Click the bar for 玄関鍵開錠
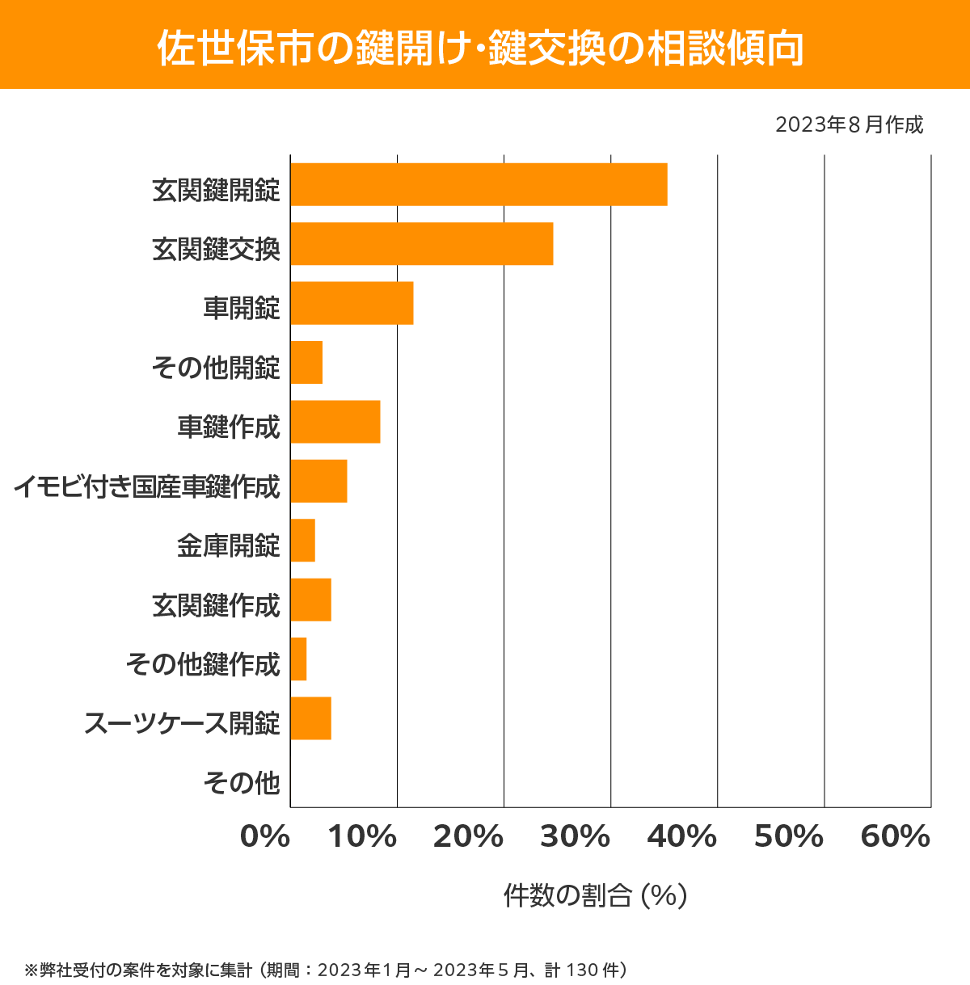(479, 184)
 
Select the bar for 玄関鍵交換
(421, 243)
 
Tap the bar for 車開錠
(352, 303)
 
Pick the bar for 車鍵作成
(335, 422)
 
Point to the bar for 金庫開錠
(302, 541)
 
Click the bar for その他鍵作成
(298, 659)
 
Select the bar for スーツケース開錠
(310, 718)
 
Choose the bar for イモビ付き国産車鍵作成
(318, 481)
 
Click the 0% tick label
(265, 837)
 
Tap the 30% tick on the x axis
(575, 837)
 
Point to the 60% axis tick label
(896, 837)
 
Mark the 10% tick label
(361, 837)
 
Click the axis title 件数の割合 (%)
(595, 895)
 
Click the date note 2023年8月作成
(849, 125)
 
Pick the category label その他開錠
(216, 368)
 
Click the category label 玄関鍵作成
(216, 605)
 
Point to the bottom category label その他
(242, 783)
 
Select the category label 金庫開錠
(229, 545)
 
